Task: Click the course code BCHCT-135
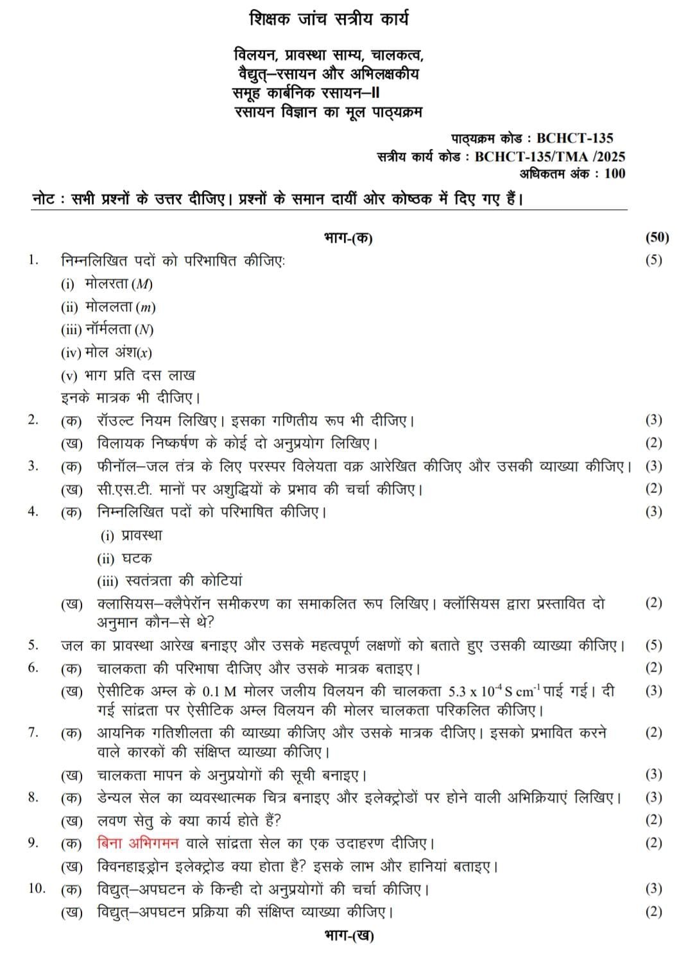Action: click(x=574, y=137)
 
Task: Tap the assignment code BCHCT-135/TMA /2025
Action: click(x=550, y=156)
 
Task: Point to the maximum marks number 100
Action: click(x=614, y=173)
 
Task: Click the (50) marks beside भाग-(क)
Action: click(x=656, y=238)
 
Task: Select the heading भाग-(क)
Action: click(x=348, y=238)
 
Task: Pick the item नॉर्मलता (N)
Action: click(x=119, y=329)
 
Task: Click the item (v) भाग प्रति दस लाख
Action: click(x=128, y=375)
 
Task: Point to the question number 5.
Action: click(x=33, y=645)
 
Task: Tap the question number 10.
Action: click(x=37, y=888)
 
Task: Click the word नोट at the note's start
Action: click(x=44, y=199)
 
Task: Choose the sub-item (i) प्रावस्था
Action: click(x=132, y=535)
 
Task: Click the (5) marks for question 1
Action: click(x=653, y=260)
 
